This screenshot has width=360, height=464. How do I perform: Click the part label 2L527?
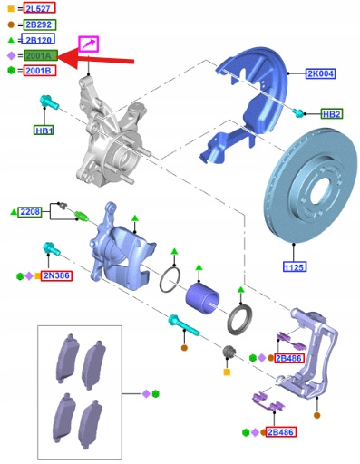pyautogui.click(x=40, y=8)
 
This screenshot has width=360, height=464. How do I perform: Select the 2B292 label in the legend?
pyautogui.click(x=39, y=24)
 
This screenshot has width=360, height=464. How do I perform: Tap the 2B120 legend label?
pyautogui.click(x=38, y=40)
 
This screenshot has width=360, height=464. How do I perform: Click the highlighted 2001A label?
pyautogui.click(x=41, y=55)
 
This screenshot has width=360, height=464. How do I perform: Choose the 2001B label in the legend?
pyautogui.click(x=40, y=71)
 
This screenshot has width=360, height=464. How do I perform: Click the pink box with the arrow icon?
pyautogui.click(x=89, y=44)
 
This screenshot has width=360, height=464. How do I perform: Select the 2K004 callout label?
pyautogui.click(x=320, y=73)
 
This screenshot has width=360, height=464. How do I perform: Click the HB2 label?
pyautogui.click(x=332, y=114)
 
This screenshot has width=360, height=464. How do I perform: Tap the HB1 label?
pyautogui.click(x=44, y=130)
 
